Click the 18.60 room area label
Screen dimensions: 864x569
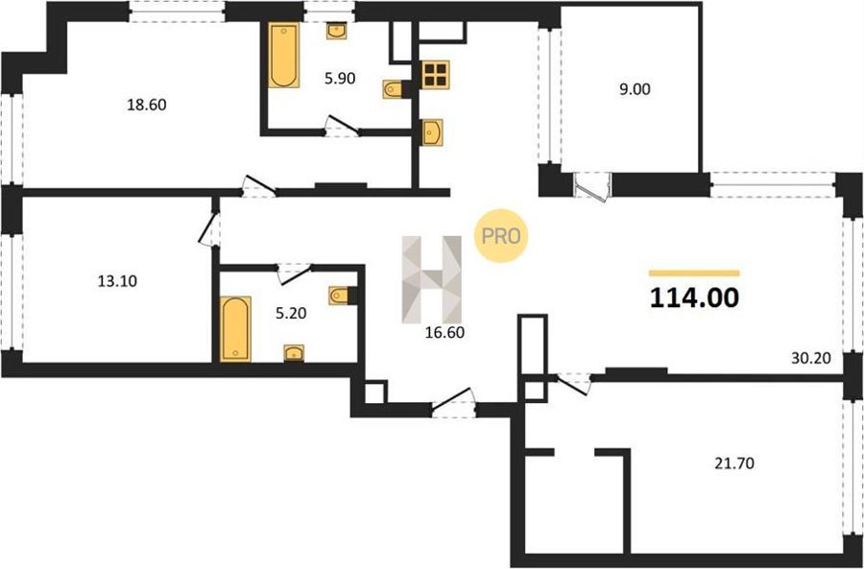pyautogui.click(x=147, y=105)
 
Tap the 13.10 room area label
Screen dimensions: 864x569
pyautogui.click(x=117, y=281)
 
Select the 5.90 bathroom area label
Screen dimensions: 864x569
pyautogui.click(x=340, y=79)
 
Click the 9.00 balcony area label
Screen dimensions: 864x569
pyautogui.click(x=635, y=89)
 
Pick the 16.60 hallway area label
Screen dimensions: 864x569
pyautogui.click(x=444, y=332)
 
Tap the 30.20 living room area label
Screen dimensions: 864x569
pyautogui.click(x=810, y=359)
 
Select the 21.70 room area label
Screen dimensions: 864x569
pyautogui.click(x=734, y=463)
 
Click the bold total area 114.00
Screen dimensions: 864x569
pyautogui.click(x=694, y=298)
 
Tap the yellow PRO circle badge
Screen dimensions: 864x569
pyautogui.click(x=501, y=236)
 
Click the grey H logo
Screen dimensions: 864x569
pyautogui.click(x=432, y=279)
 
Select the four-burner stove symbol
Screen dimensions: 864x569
pyautogui.click(x=435, y=74)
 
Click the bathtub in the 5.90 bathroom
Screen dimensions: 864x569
pyautogui.click(x=284, y=55)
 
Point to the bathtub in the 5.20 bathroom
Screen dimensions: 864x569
pyautogui.click(x=235, y=329)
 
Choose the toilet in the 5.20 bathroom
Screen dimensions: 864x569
pyautogui.click(x=341, y=296)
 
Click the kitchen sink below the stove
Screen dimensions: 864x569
pyautogui.click(x=432, y=132)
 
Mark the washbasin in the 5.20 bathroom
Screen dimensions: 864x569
pyautogui.click(x=295, y=352)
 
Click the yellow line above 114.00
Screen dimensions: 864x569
pyautogui.click(x=694, y=273)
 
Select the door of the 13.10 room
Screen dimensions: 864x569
pyautogui.click(x=210, y=229)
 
